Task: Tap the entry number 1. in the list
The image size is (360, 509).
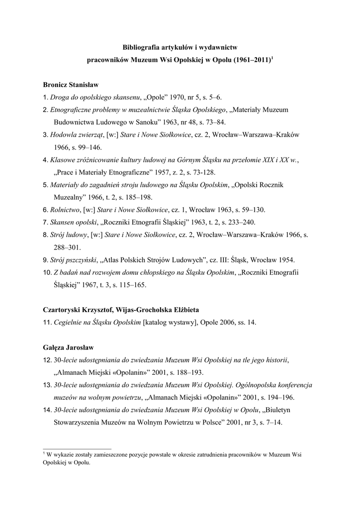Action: point(46,97)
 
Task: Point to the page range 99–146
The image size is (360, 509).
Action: point(87,147)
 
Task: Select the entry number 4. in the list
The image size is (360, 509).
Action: point(46,160)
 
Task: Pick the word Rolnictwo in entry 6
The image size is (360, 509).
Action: point(66,209)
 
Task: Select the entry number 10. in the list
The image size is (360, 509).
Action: point(47,272)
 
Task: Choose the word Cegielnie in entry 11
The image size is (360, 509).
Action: point(71,323)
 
